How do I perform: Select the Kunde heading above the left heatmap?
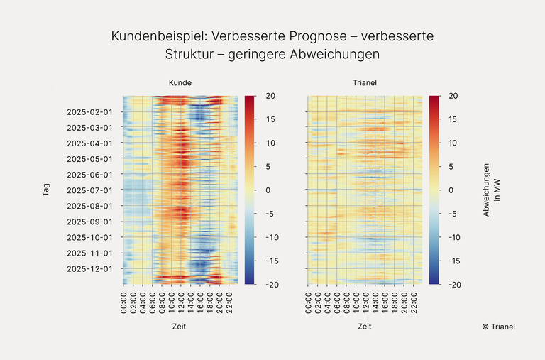click(180, 83)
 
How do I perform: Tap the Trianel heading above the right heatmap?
click(364, 83)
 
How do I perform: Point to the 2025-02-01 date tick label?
click(89, 111)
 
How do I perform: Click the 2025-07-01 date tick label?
click(89, 190)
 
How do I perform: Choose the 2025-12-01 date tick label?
click(89, 268)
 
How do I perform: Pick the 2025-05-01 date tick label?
click(89, 158)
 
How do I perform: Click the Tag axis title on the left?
click(46, 190)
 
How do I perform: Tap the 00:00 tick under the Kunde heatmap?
click(124, 300)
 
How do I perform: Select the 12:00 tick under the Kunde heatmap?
click(182, 300)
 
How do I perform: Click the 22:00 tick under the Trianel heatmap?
click(414, 300)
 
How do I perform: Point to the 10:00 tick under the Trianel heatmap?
click(356, 300)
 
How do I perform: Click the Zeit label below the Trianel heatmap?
click(364, 327)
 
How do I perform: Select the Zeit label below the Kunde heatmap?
click(180, 327)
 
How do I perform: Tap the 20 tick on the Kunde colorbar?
click(270, 95)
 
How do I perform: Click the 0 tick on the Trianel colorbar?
click(452, 190)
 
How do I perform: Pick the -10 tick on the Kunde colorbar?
click(272, 237)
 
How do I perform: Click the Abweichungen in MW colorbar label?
click(492, 190)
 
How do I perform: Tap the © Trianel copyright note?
click(498, 327)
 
